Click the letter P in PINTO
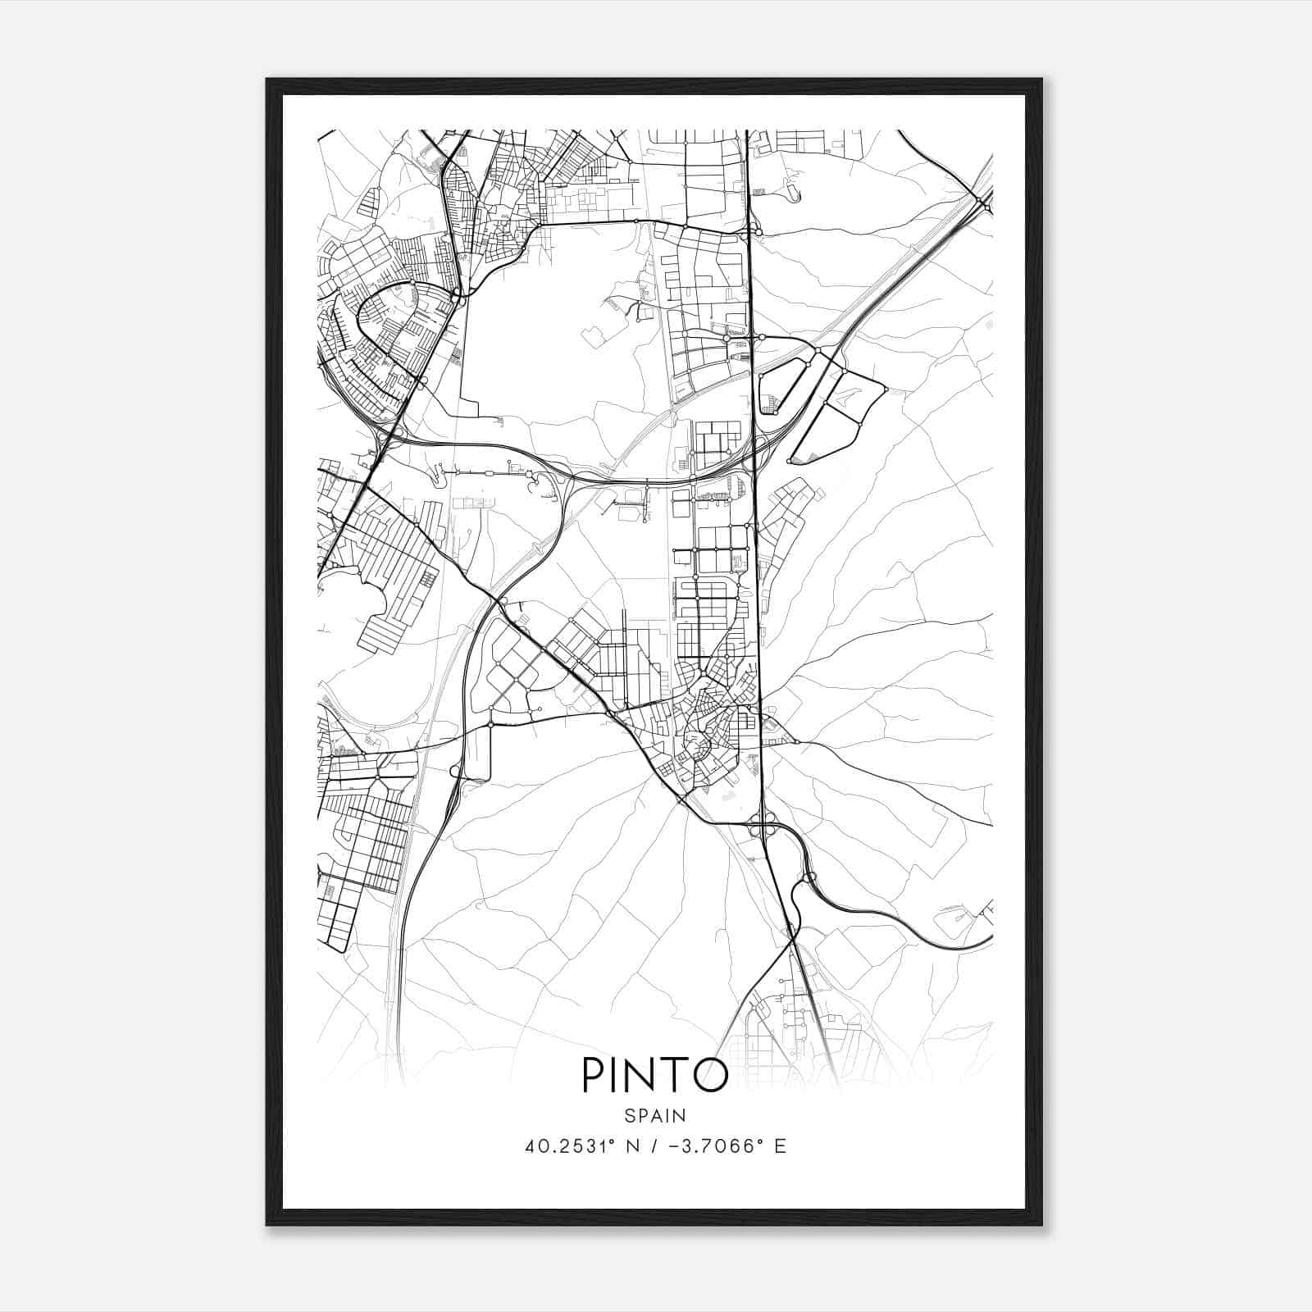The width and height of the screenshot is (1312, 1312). (593, 1075)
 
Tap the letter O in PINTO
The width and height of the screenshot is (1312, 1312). (709, 1075)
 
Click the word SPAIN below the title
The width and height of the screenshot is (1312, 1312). (655, 1116)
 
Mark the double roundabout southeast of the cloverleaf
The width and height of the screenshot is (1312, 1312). (807, 880)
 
